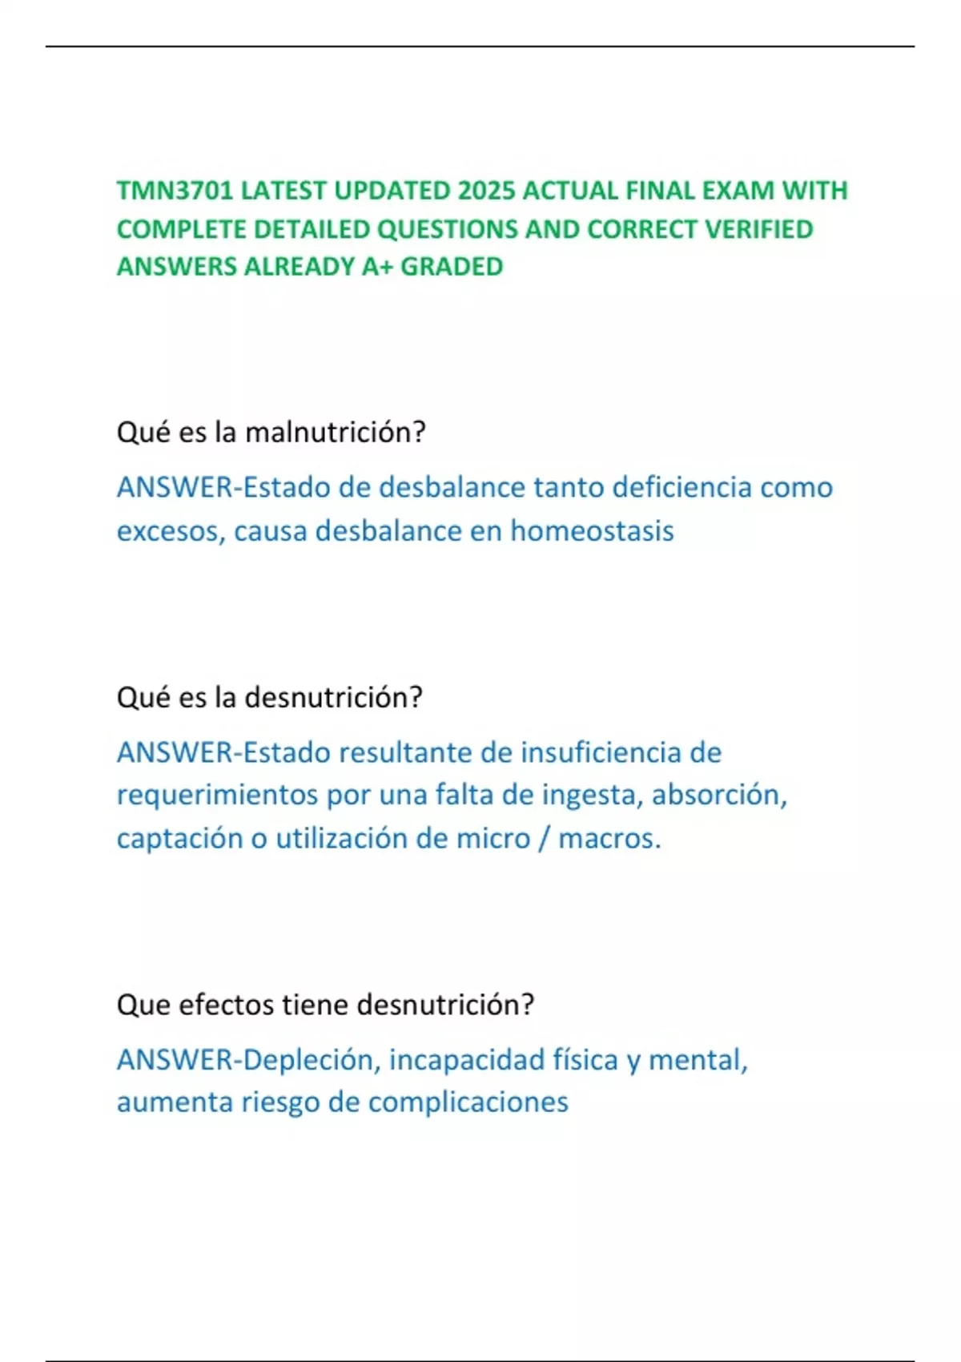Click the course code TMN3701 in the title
pos(175,191)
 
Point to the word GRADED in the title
pos(452,267)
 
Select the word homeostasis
pos(592,530)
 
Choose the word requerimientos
pos(217,795)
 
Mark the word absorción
pos(718,795)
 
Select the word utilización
pos(342,838)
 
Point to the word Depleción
pos(308,1060)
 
